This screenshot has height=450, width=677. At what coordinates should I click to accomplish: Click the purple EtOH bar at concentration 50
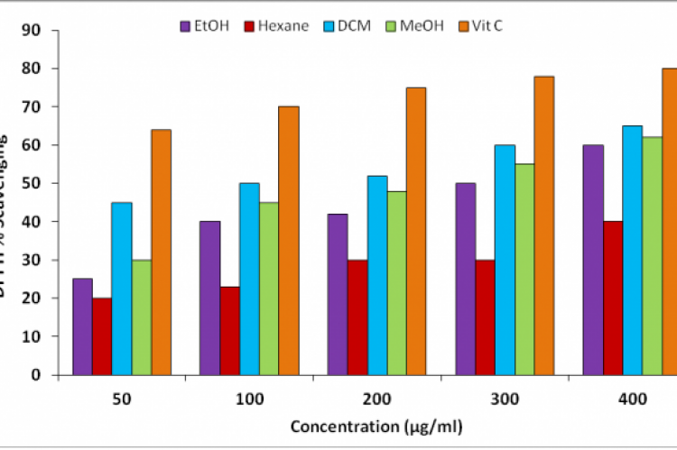[82, 326]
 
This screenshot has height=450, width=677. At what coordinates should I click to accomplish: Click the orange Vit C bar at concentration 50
[161, 252]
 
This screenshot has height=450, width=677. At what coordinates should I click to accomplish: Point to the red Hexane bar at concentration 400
[613, 298]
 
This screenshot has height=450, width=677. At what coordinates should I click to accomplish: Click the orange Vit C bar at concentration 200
[416, 231]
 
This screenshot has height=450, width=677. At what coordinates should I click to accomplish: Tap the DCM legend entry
[352, 25]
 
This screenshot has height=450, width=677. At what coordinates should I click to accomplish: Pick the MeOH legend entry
[417, 25]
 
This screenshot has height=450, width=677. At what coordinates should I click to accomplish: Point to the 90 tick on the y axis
[33, 30]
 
